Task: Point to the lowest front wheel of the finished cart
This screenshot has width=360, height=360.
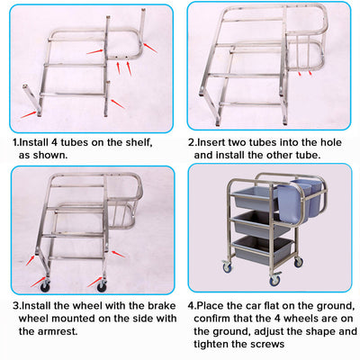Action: [274, 282]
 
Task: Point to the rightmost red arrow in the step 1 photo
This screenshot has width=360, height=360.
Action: [150, 45]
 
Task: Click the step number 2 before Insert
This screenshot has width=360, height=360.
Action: [191, 142]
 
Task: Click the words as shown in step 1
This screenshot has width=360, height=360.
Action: [45, 155]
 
